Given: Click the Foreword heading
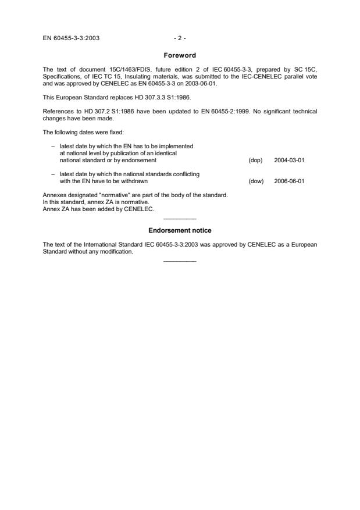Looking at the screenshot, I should click(x=180, y=55).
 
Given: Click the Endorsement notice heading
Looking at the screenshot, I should click(x=180, y=230).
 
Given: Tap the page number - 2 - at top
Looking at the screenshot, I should click(x=180, y=38).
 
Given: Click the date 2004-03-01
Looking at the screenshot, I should click(x=289, y=160).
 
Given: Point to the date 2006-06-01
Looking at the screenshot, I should click(x=289, y=181).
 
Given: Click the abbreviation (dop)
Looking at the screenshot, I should click(x=255, y=160).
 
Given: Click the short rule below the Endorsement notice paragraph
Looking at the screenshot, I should click(x=180, y=261).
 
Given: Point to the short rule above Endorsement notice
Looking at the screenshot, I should click(x=180, y=219).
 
